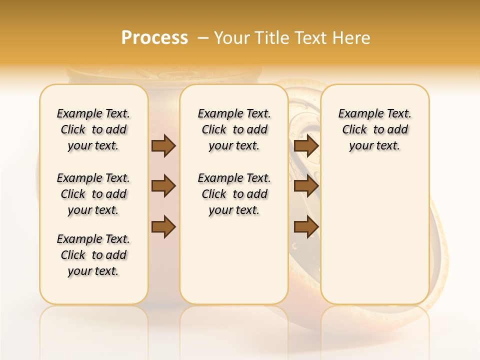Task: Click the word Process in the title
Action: pos(154,38)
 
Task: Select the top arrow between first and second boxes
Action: pos(163,145)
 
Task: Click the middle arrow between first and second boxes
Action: pos(163,186)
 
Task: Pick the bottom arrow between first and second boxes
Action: pos(163,227)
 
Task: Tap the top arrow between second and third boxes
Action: pos(306,145)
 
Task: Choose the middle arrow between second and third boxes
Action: pos(306,186)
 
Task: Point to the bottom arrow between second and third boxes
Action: pos(306,227)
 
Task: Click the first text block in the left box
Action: pos(93,129)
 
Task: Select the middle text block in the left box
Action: pos(93,194)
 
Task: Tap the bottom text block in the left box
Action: pos(93,255)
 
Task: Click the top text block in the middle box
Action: pos(234,129)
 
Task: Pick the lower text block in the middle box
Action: pos(234,194)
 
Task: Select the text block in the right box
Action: pos(374,129)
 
